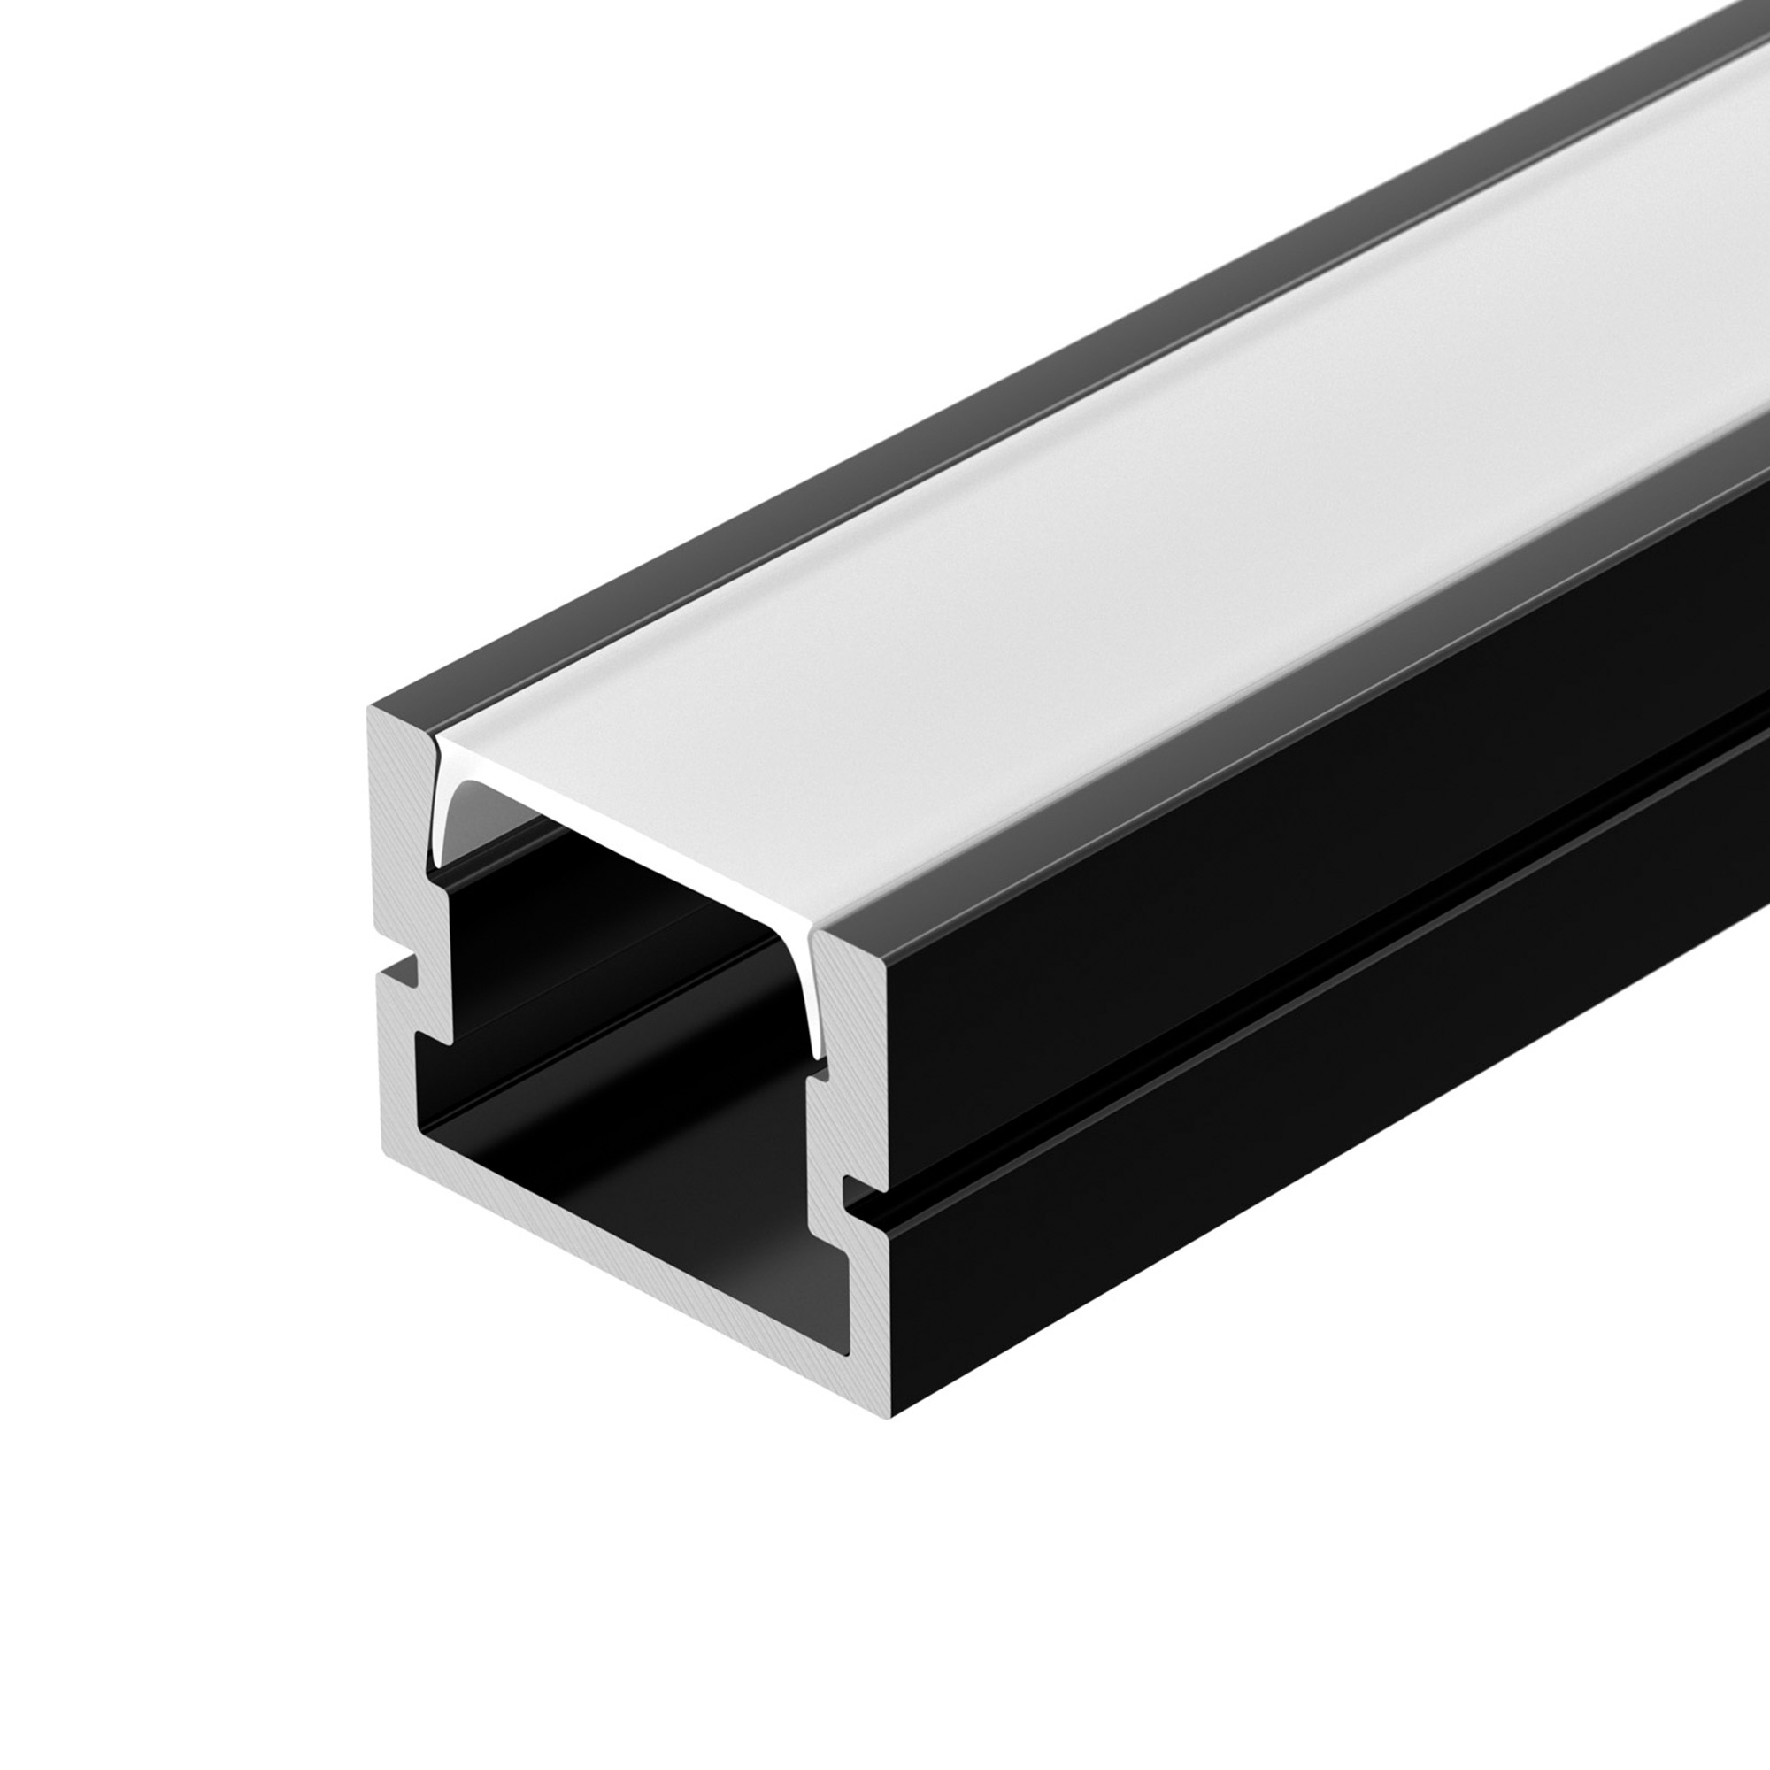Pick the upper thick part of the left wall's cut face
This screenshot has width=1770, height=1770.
[398, 825]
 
